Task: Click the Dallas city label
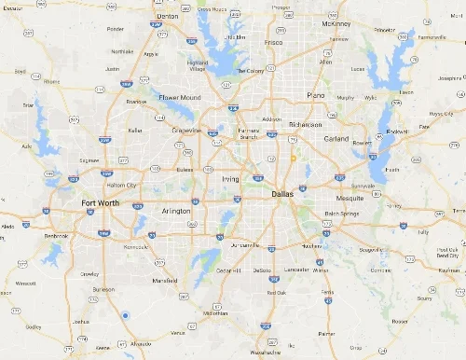pyautogui.click(x=281, y=194)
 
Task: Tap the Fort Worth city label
pyautogui.click(x=102, y=204)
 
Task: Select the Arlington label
pyautogui.click(x=177, y=212)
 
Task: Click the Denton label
pyautogui.click(x=169, y=16)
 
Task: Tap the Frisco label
pyautogui.click(x=274, y=42)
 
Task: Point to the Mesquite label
pyautogui.click(x=349, y=198)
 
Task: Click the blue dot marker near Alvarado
pyautogui.click(x=125, y=316)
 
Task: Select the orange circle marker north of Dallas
pyautogui.click(x=293, y=159)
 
